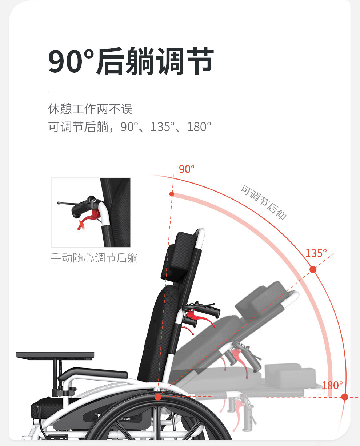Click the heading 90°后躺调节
pos(131,62)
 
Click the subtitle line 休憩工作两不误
pos(90,109)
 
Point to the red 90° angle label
pos(187,169)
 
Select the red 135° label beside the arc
pos(316,253)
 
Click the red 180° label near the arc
pos(332,385)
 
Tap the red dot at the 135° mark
pos(313,269)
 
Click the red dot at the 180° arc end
pos(345,397)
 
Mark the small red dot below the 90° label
pos(172,194)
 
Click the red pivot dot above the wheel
pos(158,397)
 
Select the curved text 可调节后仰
pos(264,202)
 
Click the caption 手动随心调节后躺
pos(95,258)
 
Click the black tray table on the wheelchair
pos(55,355)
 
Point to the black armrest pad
pos(98,373)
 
